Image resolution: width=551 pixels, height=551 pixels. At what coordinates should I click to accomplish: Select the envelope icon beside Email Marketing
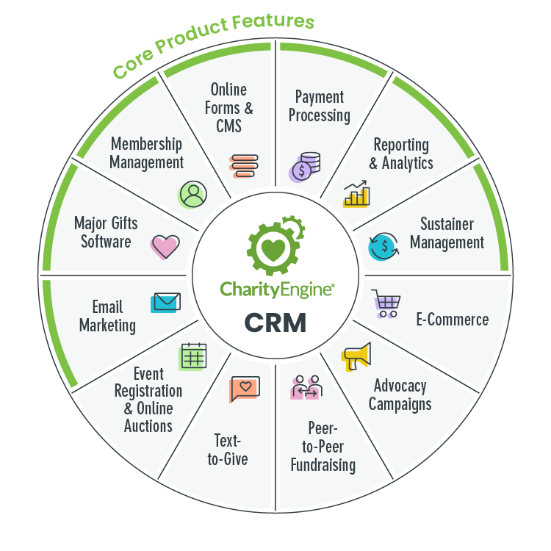pyautogui.click(x=165, y=302)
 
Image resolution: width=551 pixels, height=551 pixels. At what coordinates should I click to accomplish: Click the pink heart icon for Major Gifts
pyautogui.click(x=165, y=247)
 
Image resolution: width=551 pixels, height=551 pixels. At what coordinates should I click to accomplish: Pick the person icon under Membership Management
pyautogui.click(x=192, y=195)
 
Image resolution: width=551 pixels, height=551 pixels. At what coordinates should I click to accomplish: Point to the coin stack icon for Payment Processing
pyautogui.click(x=305, y=168)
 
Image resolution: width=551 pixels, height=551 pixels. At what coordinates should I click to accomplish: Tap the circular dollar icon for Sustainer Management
pyautogui.click(x=383, y=246)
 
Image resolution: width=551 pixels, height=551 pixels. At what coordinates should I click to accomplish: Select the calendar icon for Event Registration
pyautogui.click(x=193, y=356)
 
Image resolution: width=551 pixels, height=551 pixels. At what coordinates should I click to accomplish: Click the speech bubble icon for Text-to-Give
pyautogui.click(x=245, y=389)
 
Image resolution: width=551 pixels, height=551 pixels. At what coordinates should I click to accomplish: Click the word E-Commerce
pyautogui.click(x=452, y=320)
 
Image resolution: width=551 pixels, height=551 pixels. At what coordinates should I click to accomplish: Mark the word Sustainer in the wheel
pyautogui.click(x=447, y=224)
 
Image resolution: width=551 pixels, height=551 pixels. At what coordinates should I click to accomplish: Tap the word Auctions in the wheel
pyautogui.click(x=148, y=426)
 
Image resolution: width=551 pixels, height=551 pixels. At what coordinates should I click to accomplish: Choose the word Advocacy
pyautogui.click(x=400, y=386)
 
